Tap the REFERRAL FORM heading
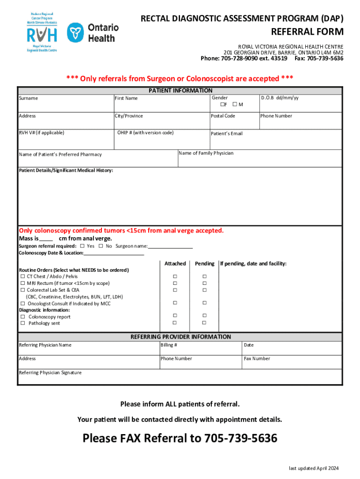coord(308,32)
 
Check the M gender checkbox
coord(235,104)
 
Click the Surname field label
coord(29,98)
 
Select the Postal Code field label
coord(223,116)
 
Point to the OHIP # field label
coord(145,133)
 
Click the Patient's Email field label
coord(227,134)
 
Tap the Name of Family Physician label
coord(206,153)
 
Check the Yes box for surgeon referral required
coord(82,246)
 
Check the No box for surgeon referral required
coord(101,246)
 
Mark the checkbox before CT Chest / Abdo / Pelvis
coord(22,276)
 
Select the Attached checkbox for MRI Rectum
coord(175,283)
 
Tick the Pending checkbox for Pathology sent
coord(204,323)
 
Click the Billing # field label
coord(169,345)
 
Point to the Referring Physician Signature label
coord(50,373)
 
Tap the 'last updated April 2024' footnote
coord(314,469)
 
